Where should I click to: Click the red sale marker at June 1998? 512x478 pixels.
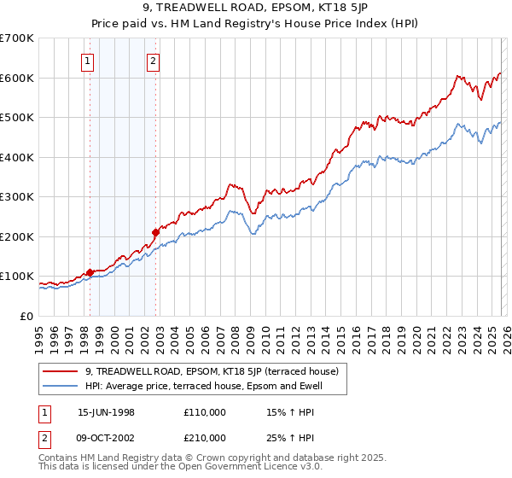coord(90,272)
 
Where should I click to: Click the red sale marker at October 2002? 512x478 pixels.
coord(155,232)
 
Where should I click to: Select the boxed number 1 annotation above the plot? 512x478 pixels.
coord(90,61)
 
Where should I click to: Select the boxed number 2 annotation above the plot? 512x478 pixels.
coord(153,61)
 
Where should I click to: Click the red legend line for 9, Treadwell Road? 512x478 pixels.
coord(61,371)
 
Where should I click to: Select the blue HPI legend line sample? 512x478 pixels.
coord(61,387)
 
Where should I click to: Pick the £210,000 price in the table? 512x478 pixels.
coord(205,440)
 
